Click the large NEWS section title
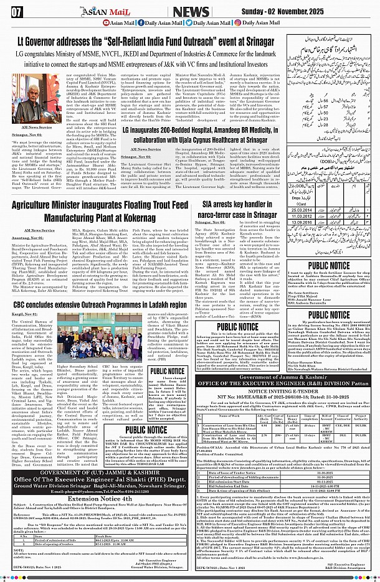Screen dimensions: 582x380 pos(191,11)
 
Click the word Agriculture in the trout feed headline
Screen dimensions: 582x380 pos(42,204)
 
